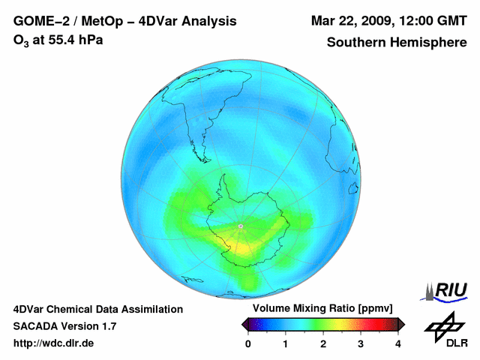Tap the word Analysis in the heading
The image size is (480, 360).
click(209, 22)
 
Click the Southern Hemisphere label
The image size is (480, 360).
click(397, 42)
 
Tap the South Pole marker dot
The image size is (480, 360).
click(241, 226)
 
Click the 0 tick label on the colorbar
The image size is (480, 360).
click(248, 343)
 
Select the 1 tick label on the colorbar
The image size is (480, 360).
click(285, 343)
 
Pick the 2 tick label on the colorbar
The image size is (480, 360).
click(323, 343)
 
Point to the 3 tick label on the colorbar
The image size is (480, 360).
click(361, 343)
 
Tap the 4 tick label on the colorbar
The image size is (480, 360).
click(398, 343)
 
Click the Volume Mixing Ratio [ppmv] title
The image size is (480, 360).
click(322, 308)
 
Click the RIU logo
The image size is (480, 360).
click(444, 292)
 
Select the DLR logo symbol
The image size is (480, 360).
click(445, 327)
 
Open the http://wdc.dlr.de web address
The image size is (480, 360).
click(53, 343)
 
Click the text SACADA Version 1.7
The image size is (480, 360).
click(65, 326)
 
